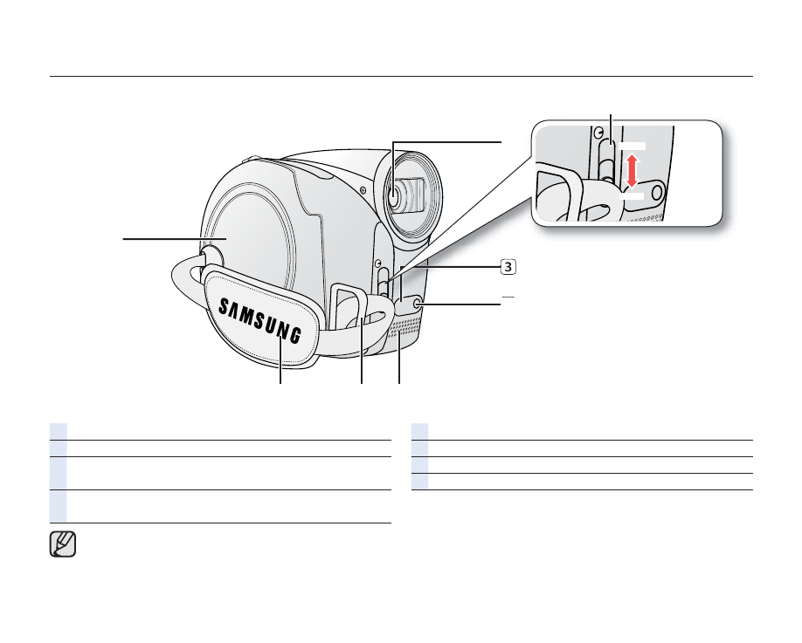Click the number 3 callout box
coord(508,267)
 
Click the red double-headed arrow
coord(633,171)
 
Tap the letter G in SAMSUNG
coord(295,335)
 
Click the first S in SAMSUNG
coord(224,306)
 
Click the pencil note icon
coord(63,544)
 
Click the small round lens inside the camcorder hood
coord(394,196)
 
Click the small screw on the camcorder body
coord(363,190)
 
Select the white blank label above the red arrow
coord(633,146)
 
